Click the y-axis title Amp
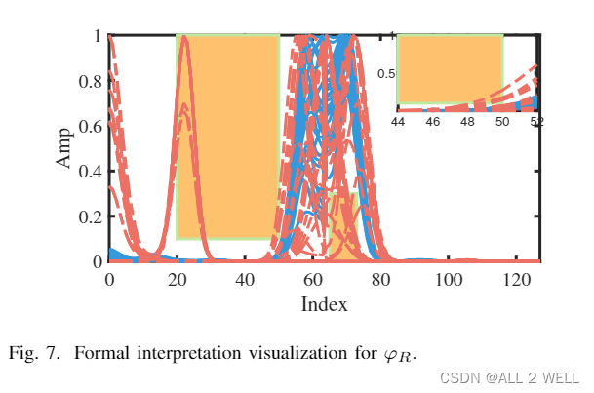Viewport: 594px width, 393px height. point(64,149)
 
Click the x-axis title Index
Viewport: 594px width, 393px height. point(324,304)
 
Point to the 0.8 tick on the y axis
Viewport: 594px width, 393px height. point(90,81)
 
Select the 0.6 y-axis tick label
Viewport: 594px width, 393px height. point(90,127)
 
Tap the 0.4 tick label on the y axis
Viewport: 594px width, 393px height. point(90,172)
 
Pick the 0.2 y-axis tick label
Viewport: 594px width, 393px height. point(90,216)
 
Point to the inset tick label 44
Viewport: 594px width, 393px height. point(398,122)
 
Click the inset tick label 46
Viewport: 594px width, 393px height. point(433,122)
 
